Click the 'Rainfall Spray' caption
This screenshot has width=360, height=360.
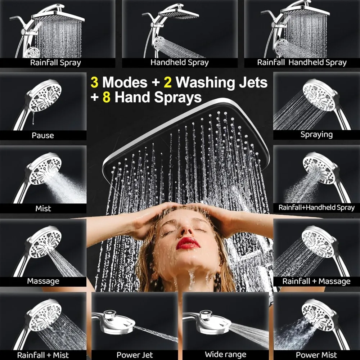click(55, 63)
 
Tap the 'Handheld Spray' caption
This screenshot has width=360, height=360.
click(179, 63)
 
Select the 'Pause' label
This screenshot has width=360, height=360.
click(43, 135)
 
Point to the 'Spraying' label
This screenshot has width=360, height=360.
click(316, 135)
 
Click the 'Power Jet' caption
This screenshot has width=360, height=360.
click(135, 355)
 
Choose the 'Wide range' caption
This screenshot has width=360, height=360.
click(225, 355)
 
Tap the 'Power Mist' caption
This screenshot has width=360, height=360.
click(317, 355)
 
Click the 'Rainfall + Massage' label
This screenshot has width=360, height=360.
click(316, 281)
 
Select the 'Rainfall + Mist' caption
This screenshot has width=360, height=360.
click(43, 355)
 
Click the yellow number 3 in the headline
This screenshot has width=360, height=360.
click(94, 82)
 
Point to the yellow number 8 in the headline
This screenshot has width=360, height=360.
click(106, 97)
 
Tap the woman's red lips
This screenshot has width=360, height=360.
click(188, 243)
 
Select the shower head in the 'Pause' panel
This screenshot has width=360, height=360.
click(45, 95)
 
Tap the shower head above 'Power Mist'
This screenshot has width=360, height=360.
click(317, 313)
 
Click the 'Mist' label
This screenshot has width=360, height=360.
click(43, 208)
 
